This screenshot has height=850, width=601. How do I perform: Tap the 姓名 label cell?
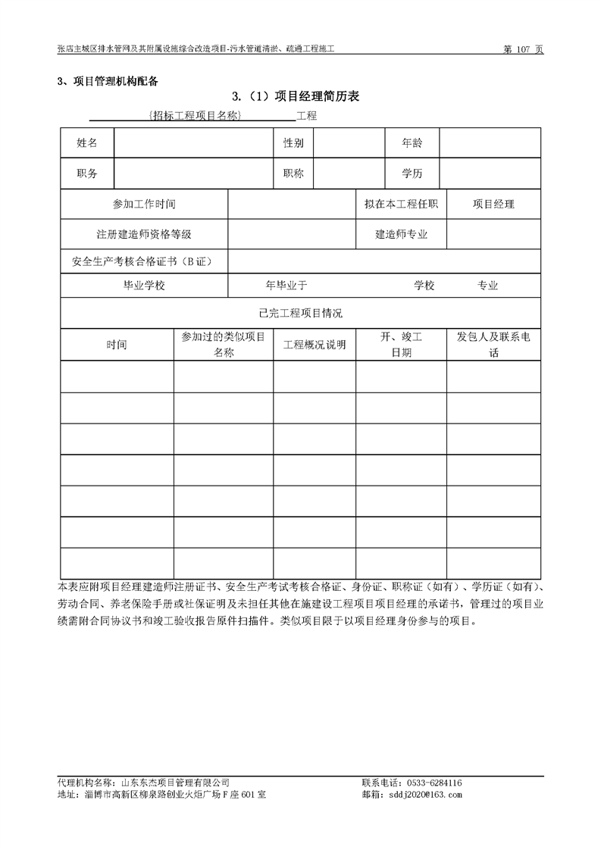87,142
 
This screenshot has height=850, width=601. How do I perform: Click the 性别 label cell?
293,142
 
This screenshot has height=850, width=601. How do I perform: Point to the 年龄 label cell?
412,142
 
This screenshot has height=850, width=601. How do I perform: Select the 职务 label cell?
87,173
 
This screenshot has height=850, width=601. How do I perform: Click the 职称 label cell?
293,173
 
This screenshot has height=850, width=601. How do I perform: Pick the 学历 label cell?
412,173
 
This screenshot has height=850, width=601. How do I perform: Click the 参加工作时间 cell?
144,205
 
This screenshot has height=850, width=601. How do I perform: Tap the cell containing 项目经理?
493,205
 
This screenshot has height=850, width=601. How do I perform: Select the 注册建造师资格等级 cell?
144,235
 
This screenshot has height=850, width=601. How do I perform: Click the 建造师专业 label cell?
402,235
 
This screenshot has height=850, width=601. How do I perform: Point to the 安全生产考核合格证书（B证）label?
144,261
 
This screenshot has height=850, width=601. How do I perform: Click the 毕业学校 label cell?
144,286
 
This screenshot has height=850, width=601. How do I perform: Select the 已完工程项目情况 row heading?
300,313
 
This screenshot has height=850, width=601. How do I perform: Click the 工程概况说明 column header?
315,345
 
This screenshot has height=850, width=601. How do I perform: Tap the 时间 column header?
117,345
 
